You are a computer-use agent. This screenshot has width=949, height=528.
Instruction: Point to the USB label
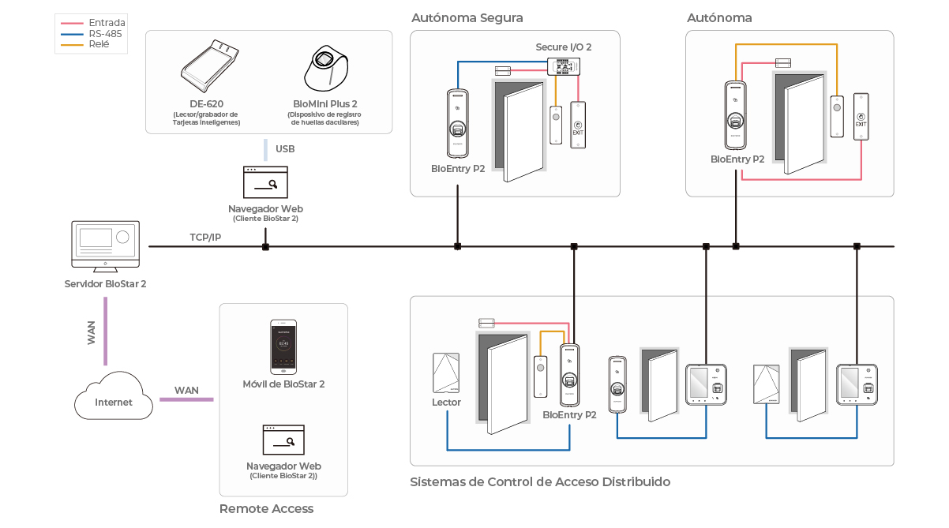pos(285,149)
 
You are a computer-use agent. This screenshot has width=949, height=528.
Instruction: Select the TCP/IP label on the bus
pos(205,237)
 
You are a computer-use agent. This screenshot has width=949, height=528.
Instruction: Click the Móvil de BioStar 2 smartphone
pos(283,346)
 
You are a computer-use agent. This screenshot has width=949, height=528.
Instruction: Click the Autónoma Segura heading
pos(467,17)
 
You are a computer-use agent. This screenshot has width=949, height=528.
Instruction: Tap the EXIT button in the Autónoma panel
pos(861,117)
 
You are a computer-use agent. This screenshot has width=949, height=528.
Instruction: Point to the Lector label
pos(446,403)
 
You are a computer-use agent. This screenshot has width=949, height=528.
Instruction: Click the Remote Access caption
pos(266,509)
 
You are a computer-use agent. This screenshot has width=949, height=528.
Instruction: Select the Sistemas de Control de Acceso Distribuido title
pos(539,481)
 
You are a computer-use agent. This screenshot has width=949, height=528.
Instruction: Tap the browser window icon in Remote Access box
pos(283,440)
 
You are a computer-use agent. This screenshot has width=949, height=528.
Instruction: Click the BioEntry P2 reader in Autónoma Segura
pos(457,122)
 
